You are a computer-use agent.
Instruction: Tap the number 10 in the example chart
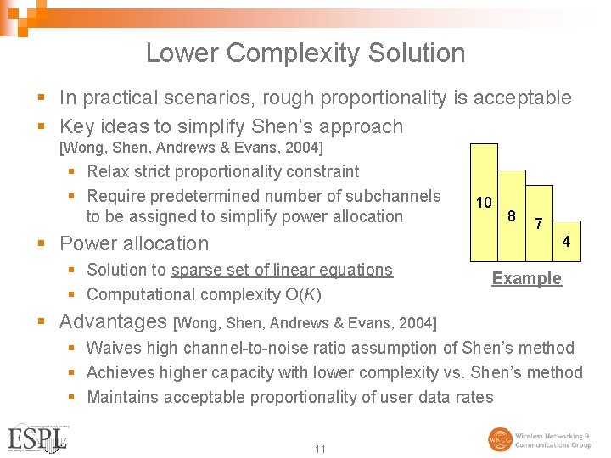[x=484, y=203]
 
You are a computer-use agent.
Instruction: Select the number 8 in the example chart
[x=512, y=215]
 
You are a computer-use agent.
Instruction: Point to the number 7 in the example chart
[x=537, y=225]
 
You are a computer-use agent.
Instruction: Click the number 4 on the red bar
[x=566, y=243]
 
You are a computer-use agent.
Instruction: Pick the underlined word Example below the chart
[x=526, y=278]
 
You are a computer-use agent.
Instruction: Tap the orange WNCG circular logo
[x=500, y=439]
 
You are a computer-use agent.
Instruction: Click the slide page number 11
[x=320, y=449]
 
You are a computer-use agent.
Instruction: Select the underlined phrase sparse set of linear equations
[x=282, y=270]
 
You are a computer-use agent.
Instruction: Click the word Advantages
[x=113, y=321]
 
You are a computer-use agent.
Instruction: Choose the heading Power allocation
[x=133, y=243]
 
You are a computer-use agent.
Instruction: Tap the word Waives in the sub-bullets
[x=115, y=348]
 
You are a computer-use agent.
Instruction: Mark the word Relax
[x=107, y=171]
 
